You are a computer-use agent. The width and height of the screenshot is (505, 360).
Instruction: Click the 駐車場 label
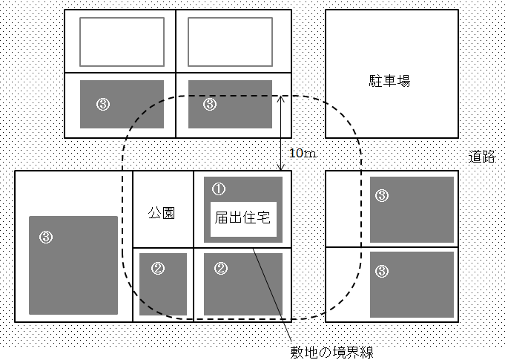[x=389, y=80]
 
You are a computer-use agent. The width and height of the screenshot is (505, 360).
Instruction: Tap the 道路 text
[x=483, y=157]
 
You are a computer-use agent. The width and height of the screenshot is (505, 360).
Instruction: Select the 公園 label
[x=162, y=213]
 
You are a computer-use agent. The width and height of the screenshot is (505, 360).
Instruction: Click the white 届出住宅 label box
[x=243, y=219]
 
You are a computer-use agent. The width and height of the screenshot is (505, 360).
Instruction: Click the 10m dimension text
[x=302, y=154]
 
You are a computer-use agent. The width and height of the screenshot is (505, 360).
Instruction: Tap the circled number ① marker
[x=218, y=189]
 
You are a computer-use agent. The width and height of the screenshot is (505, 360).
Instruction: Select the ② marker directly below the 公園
[x=157, y=269]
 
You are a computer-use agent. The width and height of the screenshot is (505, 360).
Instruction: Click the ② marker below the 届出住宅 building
[x=220, y=269]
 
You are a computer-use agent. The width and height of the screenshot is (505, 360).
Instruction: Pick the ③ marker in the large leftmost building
[x=46, y=237]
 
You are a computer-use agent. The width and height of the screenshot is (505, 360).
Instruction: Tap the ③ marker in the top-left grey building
[x=103, y=105]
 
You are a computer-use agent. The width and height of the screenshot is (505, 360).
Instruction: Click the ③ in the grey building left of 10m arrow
[x=209, y=105]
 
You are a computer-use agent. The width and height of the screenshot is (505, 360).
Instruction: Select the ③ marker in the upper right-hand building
[x=381, y=196]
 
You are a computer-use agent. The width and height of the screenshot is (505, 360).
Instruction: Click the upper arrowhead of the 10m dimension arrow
[x=280, y=98]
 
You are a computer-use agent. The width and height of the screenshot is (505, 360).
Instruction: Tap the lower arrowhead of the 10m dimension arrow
[x=280, y=168]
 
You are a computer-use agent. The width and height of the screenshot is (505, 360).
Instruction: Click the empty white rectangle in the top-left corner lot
[x=122, y=42]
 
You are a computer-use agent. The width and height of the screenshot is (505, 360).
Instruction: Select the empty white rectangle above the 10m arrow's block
[x=231, y=42]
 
